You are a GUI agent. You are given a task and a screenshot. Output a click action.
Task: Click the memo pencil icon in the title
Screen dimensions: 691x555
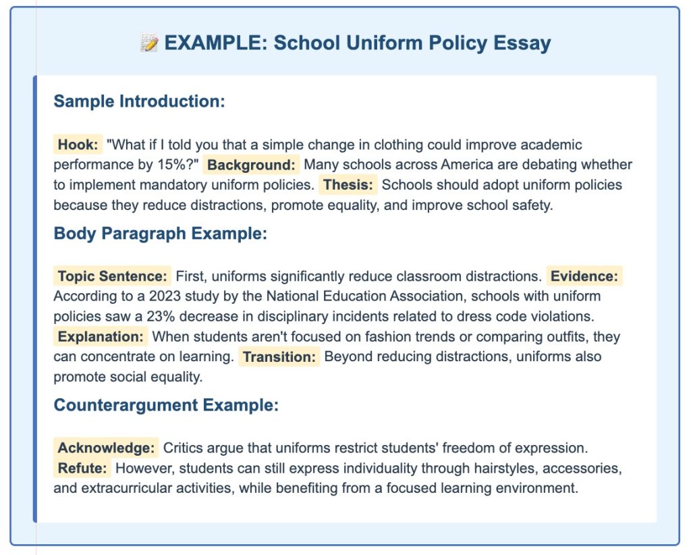tap(149, 44)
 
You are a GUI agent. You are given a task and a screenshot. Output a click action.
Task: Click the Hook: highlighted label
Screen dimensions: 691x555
tap(78, 144)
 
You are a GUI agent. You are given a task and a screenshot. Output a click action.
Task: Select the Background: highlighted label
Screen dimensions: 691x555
tap(250, 165)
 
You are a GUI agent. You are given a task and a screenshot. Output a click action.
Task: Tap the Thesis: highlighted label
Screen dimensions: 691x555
tap(348, 184)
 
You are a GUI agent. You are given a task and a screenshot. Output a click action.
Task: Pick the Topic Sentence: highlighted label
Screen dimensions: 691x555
tap(113, 276)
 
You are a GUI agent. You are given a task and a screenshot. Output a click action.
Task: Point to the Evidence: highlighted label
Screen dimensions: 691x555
tap(584, 276)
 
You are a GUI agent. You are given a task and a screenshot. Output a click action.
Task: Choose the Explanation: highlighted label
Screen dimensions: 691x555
tap(101, 336)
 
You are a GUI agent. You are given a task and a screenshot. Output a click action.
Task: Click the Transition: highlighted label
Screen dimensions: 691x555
tap(279, 356)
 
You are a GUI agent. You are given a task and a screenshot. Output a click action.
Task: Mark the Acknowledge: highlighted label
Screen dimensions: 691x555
tap(106, 448)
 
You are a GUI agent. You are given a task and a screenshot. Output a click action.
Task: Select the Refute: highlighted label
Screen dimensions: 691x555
tap(82, 468)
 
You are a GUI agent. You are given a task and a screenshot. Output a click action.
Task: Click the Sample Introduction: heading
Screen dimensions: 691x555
tap(139, 102)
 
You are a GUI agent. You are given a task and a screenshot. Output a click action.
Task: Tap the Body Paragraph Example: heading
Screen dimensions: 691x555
tap(161, 234)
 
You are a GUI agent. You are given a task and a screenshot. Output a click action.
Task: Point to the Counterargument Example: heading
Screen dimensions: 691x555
tap(166, 406)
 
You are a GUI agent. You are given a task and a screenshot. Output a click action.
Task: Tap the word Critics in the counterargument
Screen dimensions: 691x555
tap(184, 448)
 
